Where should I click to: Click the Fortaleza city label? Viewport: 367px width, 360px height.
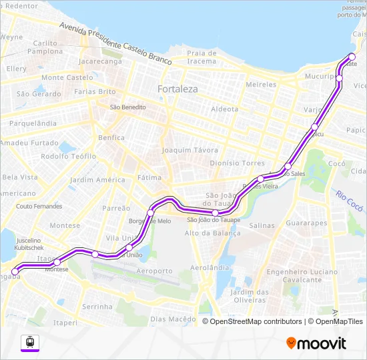pos(177,89)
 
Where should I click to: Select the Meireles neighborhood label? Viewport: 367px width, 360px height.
pos(261,85)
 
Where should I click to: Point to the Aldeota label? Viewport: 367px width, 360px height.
pos(224,109)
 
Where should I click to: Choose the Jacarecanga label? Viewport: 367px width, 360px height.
pos(100,61)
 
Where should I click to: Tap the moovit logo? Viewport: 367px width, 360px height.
pos(316,343)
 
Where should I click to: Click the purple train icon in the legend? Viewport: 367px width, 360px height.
pos(30,342)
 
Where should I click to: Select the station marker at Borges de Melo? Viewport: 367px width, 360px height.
pos(151,213)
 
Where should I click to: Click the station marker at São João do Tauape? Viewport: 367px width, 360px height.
pos(215,213)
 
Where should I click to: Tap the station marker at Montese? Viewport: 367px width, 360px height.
pos(57,262)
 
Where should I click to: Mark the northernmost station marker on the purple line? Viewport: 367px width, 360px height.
pos(352,56)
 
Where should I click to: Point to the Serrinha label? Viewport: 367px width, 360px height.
pos(97,307)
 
